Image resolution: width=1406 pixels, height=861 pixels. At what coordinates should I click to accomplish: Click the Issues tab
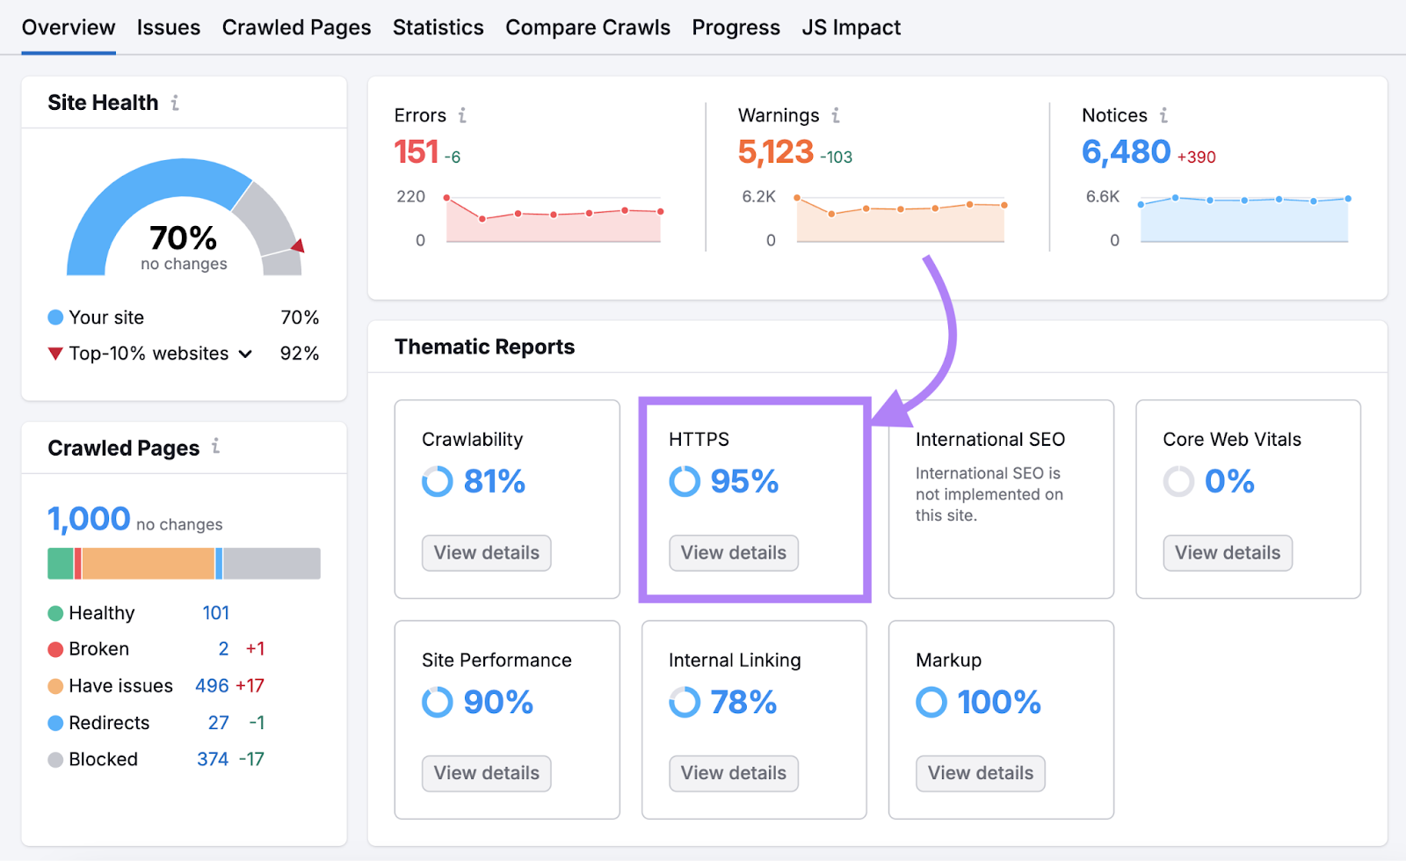click(168, 28)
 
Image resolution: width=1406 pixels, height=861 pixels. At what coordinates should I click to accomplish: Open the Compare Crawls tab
click(587, 28)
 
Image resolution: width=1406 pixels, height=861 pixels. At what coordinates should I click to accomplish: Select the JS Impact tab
click(851, 28)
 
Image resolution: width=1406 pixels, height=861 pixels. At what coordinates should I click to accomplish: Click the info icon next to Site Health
click(175, 103)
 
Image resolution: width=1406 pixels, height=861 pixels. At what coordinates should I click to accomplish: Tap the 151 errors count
click(416, 152)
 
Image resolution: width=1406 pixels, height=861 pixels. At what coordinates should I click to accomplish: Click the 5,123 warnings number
click(775, 152)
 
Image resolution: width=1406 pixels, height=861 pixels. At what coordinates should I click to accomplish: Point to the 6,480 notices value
click(1126, 152)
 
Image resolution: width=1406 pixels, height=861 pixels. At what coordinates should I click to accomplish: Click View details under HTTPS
click(733, 552)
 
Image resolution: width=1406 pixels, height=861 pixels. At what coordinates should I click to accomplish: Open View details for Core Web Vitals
click(1227, 552)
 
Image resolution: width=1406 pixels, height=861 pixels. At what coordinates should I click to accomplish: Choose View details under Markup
click(980, 773)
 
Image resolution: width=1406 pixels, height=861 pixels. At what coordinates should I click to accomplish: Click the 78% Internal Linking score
click(743, 703)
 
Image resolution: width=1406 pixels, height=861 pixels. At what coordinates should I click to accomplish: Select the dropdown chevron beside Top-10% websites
click(245, 354)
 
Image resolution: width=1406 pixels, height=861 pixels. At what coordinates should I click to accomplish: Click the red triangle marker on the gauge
click(299, 245)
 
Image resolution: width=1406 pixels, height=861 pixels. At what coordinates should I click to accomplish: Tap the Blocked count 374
click(213, 759)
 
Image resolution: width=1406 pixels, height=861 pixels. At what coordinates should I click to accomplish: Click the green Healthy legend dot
click(55, 613)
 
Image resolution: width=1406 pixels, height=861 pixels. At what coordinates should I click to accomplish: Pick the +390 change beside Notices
click(1196, 157)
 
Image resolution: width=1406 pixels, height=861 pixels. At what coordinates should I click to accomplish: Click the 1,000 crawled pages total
click(89, 519)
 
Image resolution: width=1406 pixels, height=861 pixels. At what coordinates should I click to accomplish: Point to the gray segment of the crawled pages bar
click(272, 564)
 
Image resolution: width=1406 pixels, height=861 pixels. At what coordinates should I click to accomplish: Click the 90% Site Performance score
click(497, 703)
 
